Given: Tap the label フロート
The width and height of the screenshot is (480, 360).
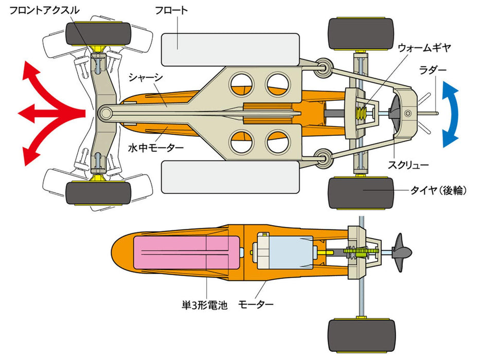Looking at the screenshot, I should [171, 10].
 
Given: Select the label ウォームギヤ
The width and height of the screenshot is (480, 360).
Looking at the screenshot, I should [424, 47].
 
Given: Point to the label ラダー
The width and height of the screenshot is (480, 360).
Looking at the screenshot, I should [433, 69].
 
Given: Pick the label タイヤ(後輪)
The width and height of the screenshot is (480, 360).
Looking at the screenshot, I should [438, 190].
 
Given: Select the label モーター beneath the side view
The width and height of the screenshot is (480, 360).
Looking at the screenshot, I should [256, 305].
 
